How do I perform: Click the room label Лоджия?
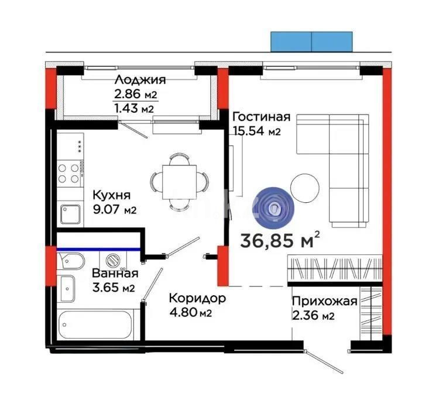coord(140,80)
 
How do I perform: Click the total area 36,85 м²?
coord(280,240)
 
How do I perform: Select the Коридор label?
coord(197,298)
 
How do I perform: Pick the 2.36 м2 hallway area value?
coord(313,316)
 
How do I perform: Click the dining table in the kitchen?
coord(178,181)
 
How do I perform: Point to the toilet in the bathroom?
coord(71,260)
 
